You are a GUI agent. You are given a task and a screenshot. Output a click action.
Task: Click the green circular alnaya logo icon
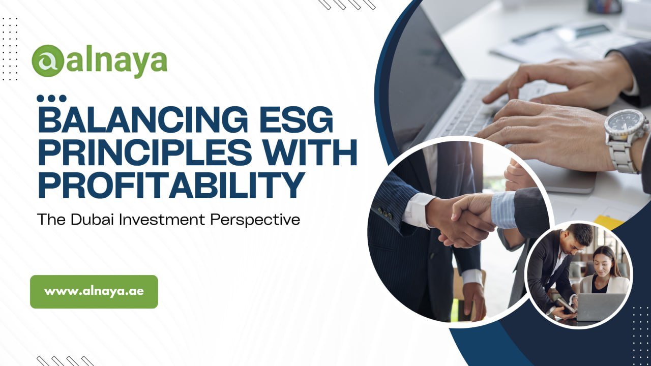coord(48,60)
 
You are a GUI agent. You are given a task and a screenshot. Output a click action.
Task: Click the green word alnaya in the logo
coord(116,62)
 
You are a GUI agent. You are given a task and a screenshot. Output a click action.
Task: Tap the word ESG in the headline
coord(297,119)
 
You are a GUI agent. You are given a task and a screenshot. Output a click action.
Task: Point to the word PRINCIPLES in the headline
coord(145,152)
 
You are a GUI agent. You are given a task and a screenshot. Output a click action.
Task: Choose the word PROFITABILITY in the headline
coord(171,185)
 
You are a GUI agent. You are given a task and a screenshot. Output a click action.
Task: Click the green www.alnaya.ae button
coord(94,292)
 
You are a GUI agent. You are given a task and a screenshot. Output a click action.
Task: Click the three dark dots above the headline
coord(51,98)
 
